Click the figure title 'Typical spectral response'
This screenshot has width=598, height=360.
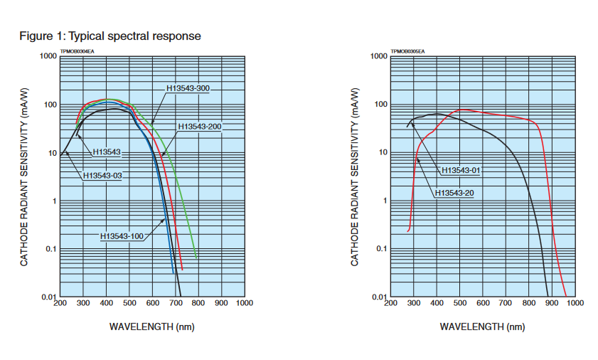coord(134,36)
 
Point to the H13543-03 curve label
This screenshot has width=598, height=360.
coord(102,175)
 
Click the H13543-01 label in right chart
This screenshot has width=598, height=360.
coord(461,171)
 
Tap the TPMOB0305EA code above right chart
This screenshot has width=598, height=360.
coord(407,52)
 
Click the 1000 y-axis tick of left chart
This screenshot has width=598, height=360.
coord(48,56)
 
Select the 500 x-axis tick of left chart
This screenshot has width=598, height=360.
coord(129,303)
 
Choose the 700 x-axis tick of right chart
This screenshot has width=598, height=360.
coord(506,303)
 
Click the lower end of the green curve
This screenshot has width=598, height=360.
coord(196,257)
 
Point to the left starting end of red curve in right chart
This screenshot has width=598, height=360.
coord(408,231)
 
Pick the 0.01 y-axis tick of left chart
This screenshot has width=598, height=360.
coord(48,297)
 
